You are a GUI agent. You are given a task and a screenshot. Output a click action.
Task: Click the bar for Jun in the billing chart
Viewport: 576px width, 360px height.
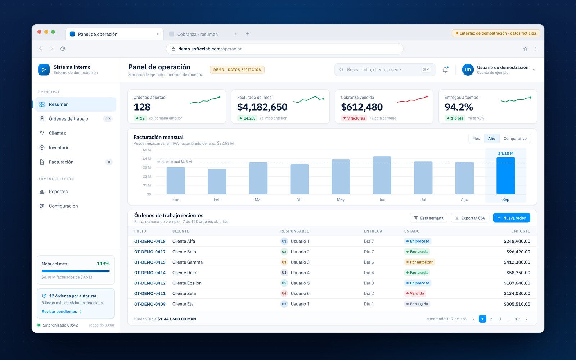click(x=382, y=175)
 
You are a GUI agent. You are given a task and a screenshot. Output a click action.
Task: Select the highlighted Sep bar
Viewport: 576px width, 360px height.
click(x=505, y=176)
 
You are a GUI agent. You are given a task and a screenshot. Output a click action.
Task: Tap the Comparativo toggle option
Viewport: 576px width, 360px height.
click(x=515, y=138)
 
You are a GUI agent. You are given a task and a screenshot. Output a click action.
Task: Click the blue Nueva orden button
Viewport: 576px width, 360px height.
click(x=512, y=218)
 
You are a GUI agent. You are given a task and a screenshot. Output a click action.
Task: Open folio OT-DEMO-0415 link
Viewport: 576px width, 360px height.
click(x=150, y=262)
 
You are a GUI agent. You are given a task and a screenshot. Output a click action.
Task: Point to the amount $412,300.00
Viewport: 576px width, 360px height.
click(x=517, y=262)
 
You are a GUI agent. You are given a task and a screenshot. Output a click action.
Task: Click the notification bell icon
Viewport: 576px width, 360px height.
click(x=445, y=70)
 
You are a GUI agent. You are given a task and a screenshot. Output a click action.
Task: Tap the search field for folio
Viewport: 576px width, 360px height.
click(x=385, y=70)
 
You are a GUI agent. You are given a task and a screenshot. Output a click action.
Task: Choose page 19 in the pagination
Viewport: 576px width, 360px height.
click(x=517, y=319)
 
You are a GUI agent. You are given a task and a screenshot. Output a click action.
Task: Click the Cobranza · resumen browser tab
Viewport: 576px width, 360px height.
click(x=198, y=34)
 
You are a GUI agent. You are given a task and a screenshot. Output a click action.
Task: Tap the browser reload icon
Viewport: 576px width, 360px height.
click(x=63, y=49)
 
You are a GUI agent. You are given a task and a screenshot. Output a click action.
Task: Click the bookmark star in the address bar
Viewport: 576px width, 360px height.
click(x=525, y=49)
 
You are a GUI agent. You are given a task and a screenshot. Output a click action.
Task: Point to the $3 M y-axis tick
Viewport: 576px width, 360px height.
click(x=147, y=168)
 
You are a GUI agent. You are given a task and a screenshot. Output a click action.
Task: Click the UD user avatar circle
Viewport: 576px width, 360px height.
click(x=468, y=70)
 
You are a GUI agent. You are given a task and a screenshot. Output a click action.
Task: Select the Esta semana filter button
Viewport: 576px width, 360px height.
click(x=428, y=218)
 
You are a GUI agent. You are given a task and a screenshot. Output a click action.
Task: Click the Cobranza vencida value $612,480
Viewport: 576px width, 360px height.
click(x=361, y=107)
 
